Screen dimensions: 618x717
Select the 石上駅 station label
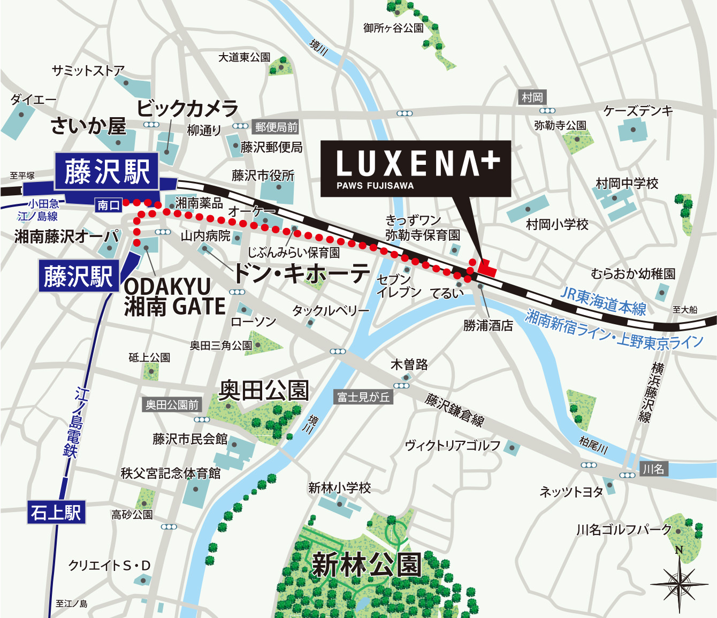56,513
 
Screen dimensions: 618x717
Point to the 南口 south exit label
109,205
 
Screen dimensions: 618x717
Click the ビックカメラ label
188,109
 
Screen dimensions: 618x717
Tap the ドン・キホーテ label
301,273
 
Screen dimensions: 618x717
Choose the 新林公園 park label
366,564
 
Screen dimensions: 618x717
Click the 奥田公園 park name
264,390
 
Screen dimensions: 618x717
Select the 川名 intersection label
653,469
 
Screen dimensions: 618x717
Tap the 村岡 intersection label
532,97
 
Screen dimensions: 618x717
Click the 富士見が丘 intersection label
363,396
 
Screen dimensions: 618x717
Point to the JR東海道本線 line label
603,301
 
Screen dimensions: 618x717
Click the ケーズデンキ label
638,111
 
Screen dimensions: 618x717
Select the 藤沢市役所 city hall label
263,176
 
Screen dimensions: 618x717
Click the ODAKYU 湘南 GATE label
174,297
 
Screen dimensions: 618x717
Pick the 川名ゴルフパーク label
623,530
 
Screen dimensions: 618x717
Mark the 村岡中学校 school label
627,184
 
